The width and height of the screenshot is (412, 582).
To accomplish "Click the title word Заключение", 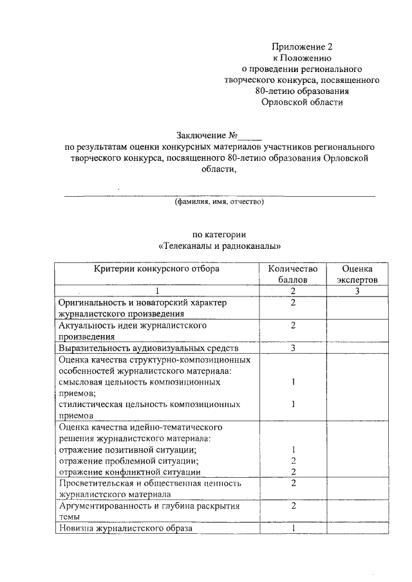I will tap(201, 136).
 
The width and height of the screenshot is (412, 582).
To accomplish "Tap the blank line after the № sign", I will tap(250, 137).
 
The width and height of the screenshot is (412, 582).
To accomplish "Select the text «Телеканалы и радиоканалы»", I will tap(220, 246).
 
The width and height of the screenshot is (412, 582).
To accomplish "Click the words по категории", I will tap(220, 234).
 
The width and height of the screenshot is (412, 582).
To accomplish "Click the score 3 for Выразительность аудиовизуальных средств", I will tap(293, 348).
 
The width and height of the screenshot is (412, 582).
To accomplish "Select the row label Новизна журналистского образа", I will tap(125, 529).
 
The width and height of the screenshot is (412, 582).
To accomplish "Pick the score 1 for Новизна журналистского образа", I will tap(293, 529).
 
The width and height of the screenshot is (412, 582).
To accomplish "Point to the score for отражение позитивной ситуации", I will tap(293, 449).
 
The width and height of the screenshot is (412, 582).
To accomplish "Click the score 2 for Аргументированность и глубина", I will tap(293, 505).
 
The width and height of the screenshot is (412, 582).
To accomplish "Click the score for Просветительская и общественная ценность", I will tap(293, 483).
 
